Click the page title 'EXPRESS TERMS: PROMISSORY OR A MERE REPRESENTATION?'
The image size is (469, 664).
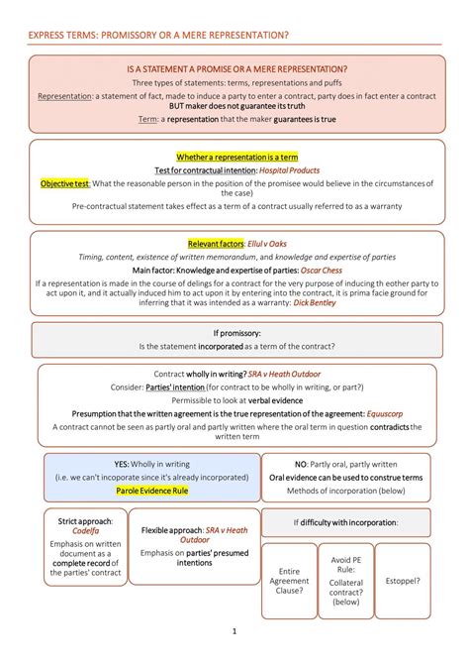click(158, 35)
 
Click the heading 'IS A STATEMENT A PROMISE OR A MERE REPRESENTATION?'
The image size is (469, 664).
click(237, 69)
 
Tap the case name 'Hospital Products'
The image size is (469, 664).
click(286, 170)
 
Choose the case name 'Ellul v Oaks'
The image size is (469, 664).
click(267, 244)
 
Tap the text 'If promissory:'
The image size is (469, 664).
click(235, 333)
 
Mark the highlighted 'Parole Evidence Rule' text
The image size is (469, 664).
click(151, 491)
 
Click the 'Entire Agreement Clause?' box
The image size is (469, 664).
click(289, 581)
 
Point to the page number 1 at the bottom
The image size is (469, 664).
click(234, 630)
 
